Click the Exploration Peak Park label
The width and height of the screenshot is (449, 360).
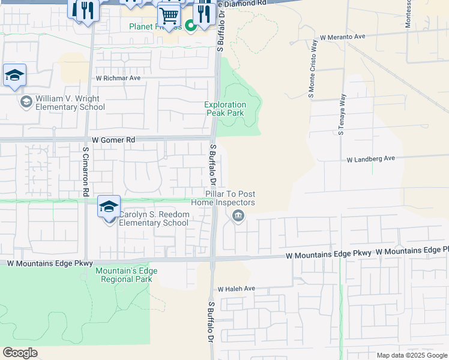225,109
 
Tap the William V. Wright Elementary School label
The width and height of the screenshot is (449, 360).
70,103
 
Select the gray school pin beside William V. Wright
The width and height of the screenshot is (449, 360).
26,102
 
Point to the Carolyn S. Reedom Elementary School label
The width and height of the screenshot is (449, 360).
154,218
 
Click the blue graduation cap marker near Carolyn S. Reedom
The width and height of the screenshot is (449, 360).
109,206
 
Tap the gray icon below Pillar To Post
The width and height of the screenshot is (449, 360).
239,217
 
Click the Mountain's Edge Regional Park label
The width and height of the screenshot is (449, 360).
126,275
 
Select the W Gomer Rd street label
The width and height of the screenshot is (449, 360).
113,139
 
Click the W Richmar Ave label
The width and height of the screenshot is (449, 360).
118,78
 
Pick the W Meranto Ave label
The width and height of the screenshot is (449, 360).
342,37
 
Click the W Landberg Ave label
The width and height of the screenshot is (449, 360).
371,159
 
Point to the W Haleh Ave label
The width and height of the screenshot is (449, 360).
237,289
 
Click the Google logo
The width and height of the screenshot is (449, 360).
20,353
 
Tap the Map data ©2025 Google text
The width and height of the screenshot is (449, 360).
412,355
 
